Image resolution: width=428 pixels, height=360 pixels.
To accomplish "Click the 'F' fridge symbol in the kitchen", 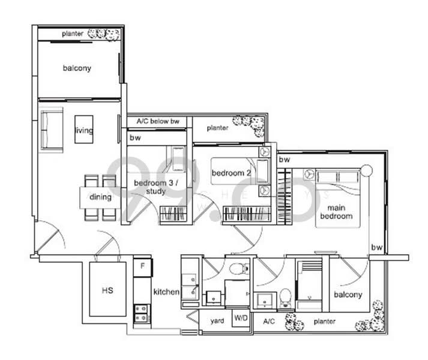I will (x=142, y=264).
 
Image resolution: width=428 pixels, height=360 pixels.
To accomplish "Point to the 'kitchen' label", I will (x=166, y=292).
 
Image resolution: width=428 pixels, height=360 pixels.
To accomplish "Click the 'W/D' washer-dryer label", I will (x=240, y=321).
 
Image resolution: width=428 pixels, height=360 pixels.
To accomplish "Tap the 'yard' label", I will (x=217, y=321).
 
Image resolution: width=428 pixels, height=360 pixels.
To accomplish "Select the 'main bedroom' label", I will (x=337, y=211).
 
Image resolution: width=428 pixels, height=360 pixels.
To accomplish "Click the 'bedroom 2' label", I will (x=231, y=173).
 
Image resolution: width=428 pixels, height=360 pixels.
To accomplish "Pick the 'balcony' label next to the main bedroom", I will (x=348, y=295).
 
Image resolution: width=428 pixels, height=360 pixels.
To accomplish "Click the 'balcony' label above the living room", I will (x=77, y=68).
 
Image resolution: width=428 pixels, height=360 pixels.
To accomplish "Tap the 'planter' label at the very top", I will (x=72, y=34).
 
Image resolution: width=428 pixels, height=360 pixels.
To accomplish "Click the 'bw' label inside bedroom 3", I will (x=135, y=138).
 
